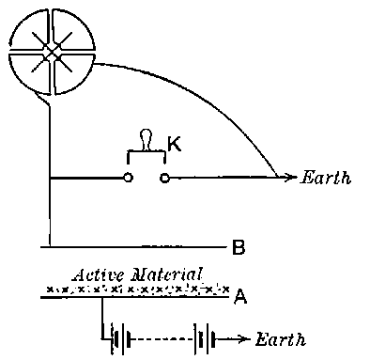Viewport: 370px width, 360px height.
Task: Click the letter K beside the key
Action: [x=174, y=144]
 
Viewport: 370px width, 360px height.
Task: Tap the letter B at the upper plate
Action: [x=239, y=248]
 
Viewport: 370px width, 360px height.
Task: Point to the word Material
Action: [x=169, y=274]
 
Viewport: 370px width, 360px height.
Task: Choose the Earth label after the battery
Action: [x=282, y=338]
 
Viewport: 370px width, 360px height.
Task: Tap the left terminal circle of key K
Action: [x=129, y=177]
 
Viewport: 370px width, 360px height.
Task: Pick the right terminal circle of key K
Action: [x=165, y=177]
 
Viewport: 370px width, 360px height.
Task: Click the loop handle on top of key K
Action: [x=146, y=138]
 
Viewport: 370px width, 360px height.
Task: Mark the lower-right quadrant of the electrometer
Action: [x=73, y=73]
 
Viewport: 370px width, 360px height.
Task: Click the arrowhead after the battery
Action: [x=246, y=338]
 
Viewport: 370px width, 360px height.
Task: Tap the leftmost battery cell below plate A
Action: [x=116, y=338]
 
